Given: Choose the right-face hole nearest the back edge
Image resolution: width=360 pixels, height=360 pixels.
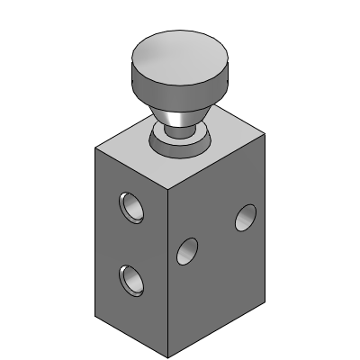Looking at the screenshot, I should tap(245, 217).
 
